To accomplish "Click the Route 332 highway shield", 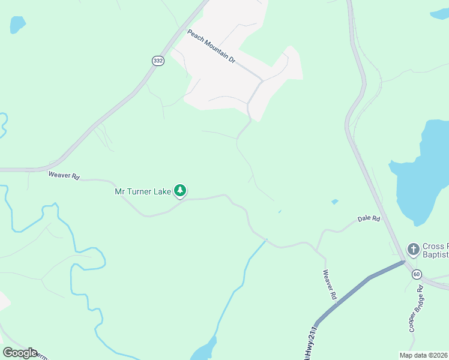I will (x=158, y=61).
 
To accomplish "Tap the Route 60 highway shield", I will (x=417, y=274).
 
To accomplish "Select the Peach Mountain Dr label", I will (x=211, y=47).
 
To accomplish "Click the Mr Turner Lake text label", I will (x=143, y=192).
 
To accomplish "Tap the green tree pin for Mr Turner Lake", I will (x=180, y=191).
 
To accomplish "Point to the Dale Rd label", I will (x=369, y=219).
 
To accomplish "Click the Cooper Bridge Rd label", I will (x=416, y=309).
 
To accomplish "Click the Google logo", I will (x=20, y=353).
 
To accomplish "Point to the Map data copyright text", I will (x=423, y=355).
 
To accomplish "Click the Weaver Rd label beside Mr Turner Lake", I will (x=64, y=176).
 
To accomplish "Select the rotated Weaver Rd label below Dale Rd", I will (x=330, y=285).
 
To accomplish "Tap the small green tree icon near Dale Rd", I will (x=334, y=202).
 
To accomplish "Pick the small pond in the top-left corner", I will (x=17, y=25).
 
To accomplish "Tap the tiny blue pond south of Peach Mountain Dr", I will (x=279, y=211).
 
